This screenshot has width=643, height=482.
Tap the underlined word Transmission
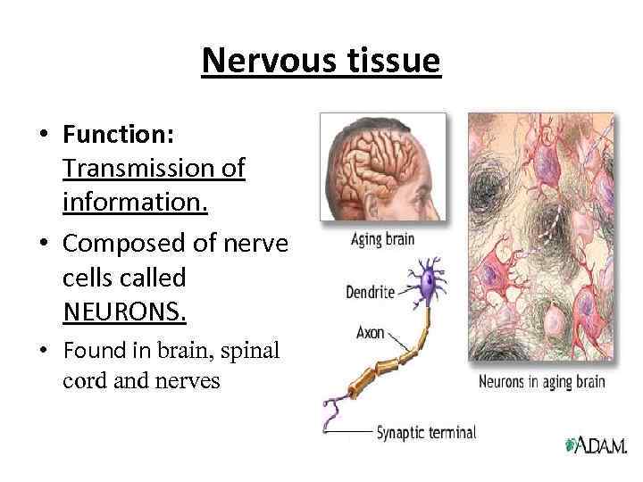[154, 168]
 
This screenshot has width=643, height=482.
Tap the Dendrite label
[369, 291]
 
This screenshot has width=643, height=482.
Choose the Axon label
[370, 333]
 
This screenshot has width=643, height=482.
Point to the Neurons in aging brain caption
[542, 382]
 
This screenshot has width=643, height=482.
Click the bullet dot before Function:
[42, 136]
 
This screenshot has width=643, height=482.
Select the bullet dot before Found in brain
[42, 351]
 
